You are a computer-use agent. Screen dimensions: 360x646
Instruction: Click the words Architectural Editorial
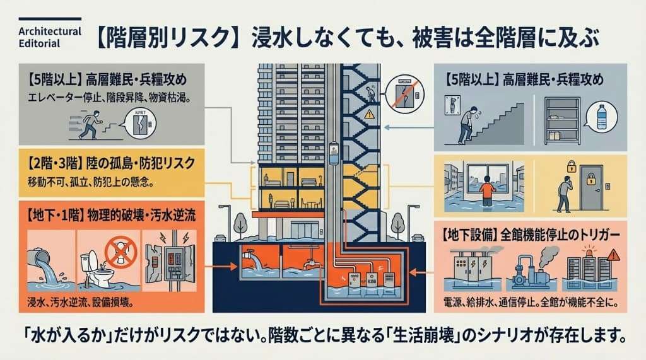[41, 38]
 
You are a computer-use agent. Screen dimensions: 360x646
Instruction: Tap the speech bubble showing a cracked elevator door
[140, 123]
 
